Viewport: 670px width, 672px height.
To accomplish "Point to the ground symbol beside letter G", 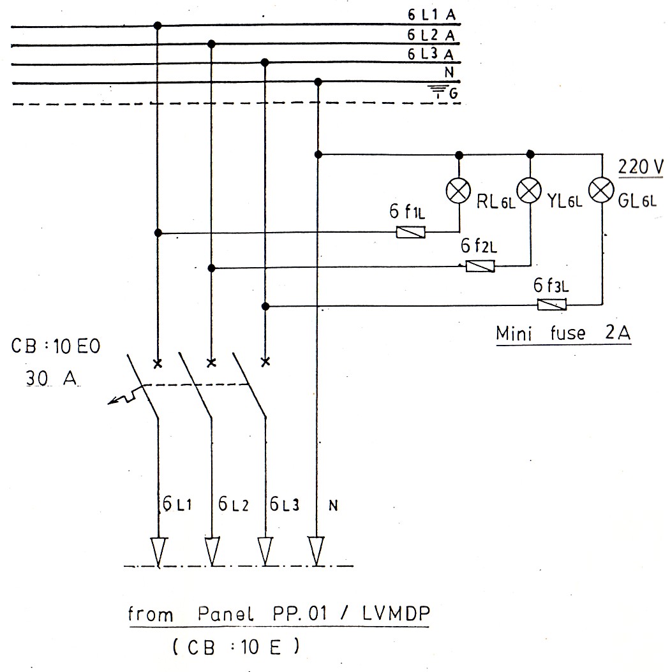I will point(436,94).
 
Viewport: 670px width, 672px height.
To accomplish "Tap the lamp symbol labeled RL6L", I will point(458,192).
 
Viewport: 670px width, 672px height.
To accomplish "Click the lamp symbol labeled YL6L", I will point(529,189).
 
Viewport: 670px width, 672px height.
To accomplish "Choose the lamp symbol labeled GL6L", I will point(602,190).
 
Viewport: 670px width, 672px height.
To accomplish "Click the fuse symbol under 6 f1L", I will point(411,233).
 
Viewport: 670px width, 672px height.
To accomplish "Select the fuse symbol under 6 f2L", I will point(480,267).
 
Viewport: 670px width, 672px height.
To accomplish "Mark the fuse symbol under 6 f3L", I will point(551,305).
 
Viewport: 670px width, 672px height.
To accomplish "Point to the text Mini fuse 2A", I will point(563,333).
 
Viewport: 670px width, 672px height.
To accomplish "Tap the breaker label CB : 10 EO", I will point(56,348).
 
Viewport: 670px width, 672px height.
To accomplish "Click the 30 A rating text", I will point(51,378).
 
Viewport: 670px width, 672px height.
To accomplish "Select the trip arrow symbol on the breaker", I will point(121,398).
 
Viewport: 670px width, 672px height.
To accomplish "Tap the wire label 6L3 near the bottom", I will point(284,505).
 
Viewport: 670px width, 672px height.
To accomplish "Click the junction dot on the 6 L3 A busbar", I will point(265,62).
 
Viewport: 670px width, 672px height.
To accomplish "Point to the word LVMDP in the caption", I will point(395,614).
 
